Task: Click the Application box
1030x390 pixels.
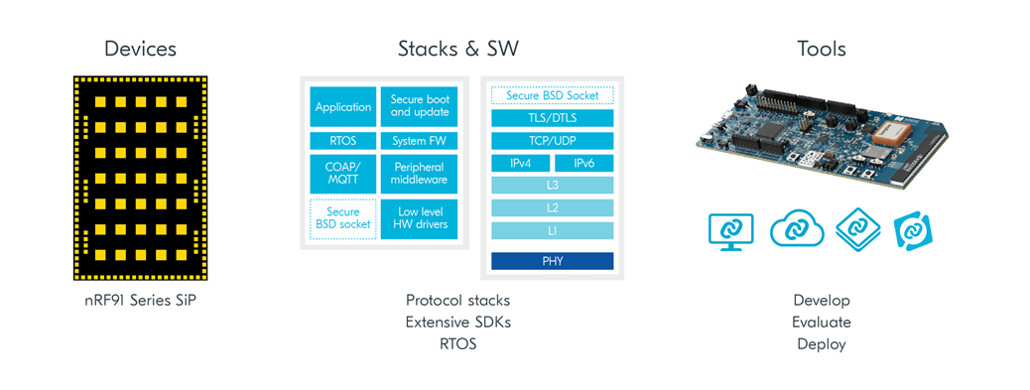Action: tap(343, 106)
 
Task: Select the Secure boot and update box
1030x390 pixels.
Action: tap(419, 106)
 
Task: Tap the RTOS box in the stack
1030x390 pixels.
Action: tap(343, 141)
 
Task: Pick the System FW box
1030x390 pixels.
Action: tap(419, 141)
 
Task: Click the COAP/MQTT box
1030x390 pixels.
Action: tap(343, 174)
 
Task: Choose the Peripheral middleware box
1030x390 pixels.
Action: tap(419, 174)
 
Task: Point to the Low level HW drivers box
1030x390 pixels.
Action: tap(419, 219)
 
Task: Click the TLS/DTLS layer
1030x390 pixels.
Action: tap(553, 118)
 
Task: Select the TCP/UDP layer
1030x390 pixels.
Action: tap(553, 141)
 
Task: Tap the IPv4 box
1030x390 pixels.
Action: tap(520, 164)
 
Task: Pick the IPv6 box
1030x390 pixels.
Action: tap(584, 164)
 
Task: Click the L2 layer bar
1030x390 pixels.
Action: tap(553, 208)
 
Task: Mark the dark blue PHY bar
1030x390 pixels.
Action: tap(553, 261)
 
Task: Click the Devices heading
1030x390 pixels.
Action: tap(140, 49)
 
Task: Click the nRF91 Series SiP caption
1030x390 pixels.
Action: tap(140, 301)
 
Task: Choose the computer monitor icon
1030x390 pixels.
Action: tap(731, 230)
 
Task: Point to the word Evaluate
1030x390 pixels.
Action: tap(821, 323)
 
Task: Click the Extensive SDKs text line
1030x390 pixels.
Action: tap(457, 323)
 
